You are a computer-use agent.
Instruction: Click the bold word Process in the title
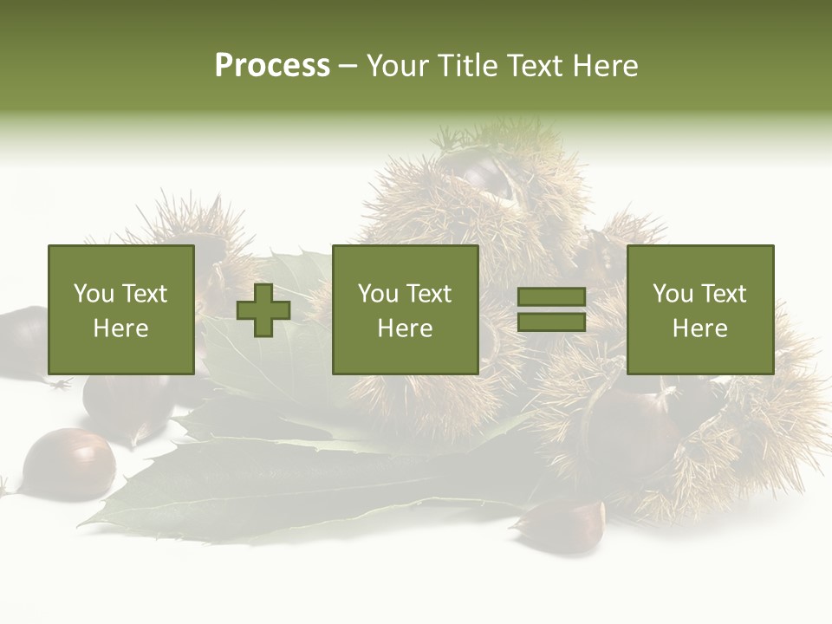[272, 66]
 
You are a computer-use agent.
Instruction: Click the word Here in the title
[606, 66]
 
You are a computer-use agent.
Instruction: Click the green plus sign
[263, 309]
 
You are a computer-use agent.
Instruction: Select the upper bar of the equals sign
[551, 297]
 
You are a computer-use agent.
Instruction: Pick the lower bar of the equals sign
[551, 322]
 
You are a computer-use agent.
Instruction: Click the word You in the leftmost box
[94, 294]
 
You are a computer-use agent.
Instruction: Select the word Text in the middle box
[429, 294]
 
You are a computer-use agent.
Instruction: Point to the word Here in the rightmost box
[700, 328]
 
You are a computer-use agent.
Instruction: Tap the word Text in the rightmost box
[724, 294]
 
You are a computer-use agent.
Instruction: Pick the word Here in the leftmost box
[121, 328]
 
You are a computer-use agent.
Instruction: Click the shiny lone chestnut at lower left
[68, 464]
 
